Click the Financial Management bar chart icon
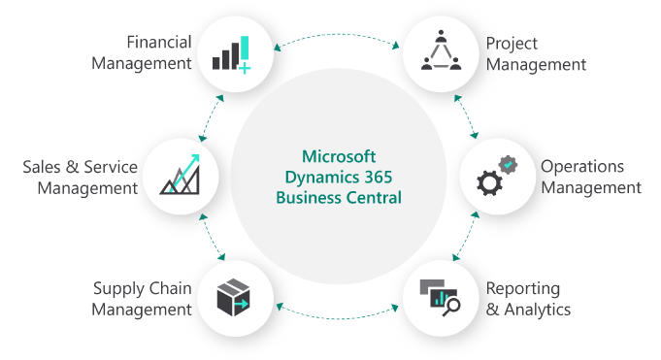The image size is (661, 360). coord(231,54)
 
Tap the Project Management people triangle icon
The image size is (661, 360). coord(441,52)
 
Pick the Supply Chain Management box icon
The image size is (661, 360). coord(233,297)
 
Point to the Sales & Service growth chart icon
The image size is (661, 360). coord(180,175)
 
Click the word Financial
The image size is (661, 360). coord(159,42)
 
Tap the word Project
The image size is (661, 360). coord(512,44)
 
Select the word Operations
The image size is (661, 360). coord(582,167)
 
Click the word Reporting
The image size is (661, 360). coord(523,289)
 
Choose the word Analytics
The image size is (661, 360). coord(536,311)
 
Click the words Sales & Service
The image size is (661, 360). coord(80,166)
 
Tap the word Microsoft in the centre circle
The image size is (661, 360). coord(338,155)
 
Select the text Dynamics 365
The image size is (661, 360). coord(338,176)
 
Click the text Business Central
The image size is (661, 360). coord(338,197)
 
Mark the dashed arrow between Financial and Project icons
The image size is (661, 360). coord(338,37)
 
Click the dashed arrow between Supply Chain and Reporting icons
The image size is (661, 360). coord(338,316)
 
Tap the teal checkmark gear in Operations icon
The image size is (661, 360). coord(508,165)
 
